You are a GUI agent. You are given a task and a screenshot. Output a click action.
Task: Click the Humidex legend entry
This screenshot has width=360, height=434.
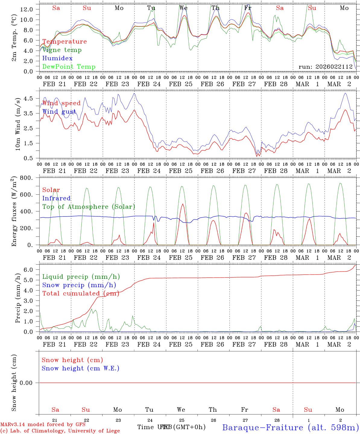[57, 58]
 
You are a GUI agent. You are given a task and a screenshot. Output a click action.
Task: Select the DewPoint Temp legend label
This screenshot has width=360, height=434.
[69, 67]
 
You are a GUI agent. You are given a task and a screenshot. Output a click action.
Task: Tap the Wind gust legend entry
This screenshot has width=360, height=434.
[59, 112]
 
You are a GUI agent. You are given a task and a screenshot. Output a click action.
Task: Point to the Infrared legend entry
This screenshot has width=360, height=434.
[56, 198]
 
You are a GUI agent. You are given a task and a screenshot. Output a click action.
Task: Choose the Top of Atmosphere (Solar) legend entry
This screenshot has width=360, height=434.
[89, 207]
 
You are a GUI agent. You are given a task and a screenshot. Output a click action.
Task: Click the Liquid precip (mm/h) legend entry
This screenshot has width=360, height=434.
[81, 277]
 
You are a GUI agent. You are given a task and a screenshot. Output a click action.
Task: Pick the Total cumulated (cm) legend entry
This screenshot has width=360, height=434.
[80, 294]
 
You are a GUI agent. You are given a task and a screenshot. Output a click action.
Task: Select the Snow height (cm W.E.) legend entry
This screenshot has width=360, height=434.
[81, 368]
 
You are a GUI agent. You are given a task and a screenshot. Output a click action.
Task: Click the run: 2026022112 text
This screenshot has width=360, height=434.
[326, 67]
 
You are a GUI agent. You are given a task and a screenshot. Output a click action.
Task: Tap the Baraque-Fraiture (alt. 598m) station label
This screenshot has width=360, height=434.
[291, 427]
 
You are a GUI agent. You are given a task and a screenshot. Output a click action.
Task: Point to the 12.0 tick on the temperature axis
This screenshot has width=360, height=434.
[26, 9]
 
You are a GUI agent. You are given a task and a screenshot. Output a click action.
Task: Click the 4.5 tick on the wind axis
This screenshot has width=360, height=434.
[28, 99]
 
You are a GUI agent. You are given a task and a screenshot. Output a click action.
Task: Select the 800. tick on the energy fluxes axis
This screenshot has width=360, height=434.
[26, 178]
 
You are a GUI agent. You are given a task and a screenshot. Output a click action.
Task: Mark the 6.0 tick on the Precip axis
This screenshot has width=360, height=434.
[28, 270]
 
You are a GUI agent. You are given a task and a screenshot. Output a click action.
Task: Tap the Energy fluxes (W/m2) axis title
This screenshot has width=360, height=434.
[14, 212]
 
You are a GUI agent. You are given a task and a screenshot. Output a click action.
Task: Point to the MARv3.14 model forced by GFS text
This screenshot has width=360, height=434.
[43, 424]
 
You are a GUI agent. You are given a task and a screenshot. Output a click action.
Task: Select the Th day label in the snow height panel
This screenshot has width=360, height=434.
[213, 410]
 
